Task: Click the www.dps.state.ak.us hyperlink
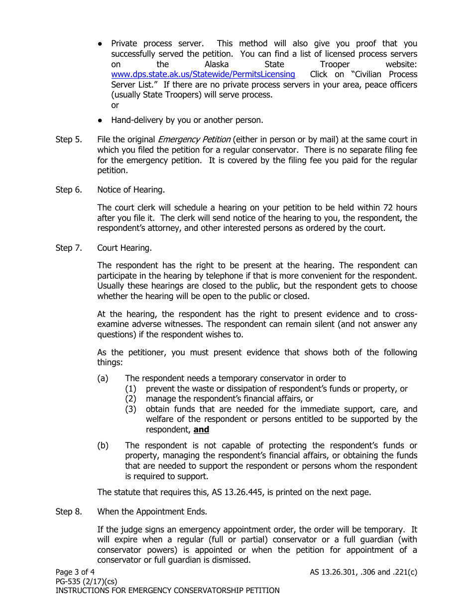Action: pyautogui.click(x=203, y=75)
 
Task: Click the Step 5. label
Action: pyautogui.click(x=69, y=140)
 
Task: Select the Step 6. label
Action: pyautogui.click(x=69, y=190)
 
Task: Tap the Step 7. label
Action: pyautogui.click(x=69, y=248)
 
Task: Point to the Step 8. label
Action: pyautogui.click(x=69, y=511)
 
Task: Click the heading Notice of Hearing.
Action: pyautogui.click(x=130, y=190)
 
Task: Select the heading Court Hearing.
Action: pyautogui.click(x=124, y=248)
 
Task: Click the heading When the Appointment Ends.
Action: pyautogui.click(x=152, y=511)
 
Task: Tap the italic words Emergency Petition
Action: pyautogui.click(x=194, y=140)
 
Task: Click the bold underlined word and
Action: pyautogui.click(x=201, y=430)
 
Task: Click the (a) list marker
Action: pyautogui.click(x=103, y=379)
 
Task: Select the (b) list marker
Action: pyautogui.click(x=103, y=446)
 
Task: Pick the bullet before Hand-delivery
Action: pyautogui.click(x=101, y=120)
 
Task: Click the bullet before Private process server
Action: pyautogui.click(x=101, y=44)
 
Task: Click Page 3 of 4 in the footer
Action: pyautogui.click(x=75, y=572)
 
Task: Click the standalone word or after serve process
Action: pyautogui.click(x=115, y=105)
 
